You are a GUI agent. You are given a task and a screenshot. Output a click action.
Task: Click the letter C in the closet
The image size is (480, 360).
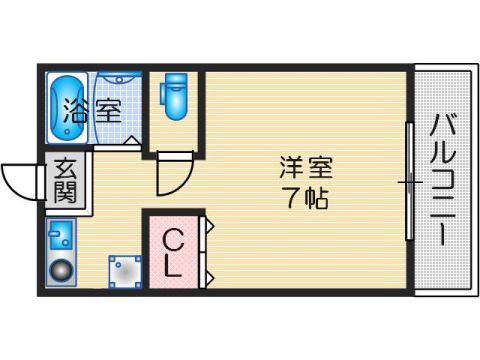pos(173,240)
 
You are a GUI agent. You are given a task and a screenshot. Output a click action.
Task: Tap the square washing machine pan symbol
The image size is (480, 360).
pos(125,271)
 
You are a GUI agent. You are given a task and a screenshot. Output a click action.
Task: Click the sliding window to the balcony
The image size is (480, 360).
pos(408,181)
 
